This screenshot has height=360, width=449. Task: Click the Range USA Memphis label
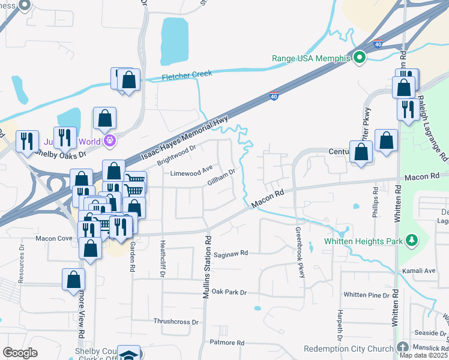(311, 58)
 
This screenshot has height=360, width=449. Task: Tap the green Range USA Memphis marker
(359, 58)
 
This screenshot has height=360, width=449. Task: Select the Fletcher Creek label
(187, 74)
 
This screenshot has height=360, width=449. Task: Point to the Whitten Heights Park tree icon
(412, 241)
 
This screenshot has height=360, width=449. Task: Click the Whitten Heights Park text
(364, 241)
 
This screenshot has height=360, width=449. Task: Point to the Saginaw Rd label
(231, 254)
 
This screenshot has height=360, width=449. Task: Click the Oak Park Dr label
(229, 292)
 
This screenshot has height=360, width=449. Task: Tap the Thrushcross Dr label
(175, 322)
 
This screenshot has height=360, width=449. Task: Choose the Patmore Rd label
(227, 343)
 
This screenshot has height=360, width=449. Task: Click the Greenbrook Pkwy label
(300, 251)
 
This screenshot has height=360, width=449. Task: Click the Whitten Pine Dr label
(367, 295)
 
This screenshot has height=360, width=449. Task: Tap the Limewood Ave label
(191, 171)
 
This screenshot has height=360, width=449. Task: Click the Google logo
(20, 353)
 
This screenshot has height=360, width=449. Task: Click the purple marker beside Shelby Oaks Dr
(109, 141)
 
